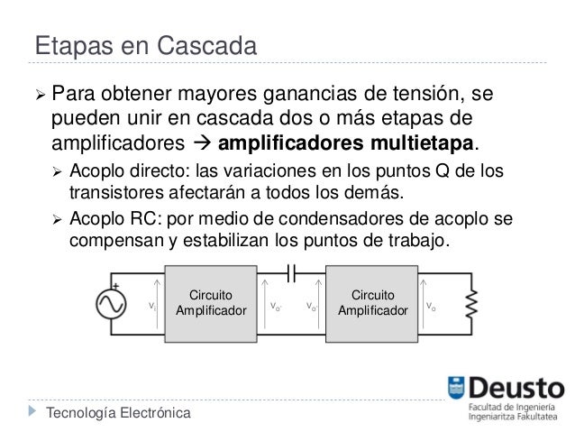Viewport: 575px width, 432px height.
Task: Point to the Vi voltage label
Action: tap(152, 307)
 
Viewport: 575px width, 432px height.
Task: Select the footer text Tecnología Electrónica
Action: tap(118, 413)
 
